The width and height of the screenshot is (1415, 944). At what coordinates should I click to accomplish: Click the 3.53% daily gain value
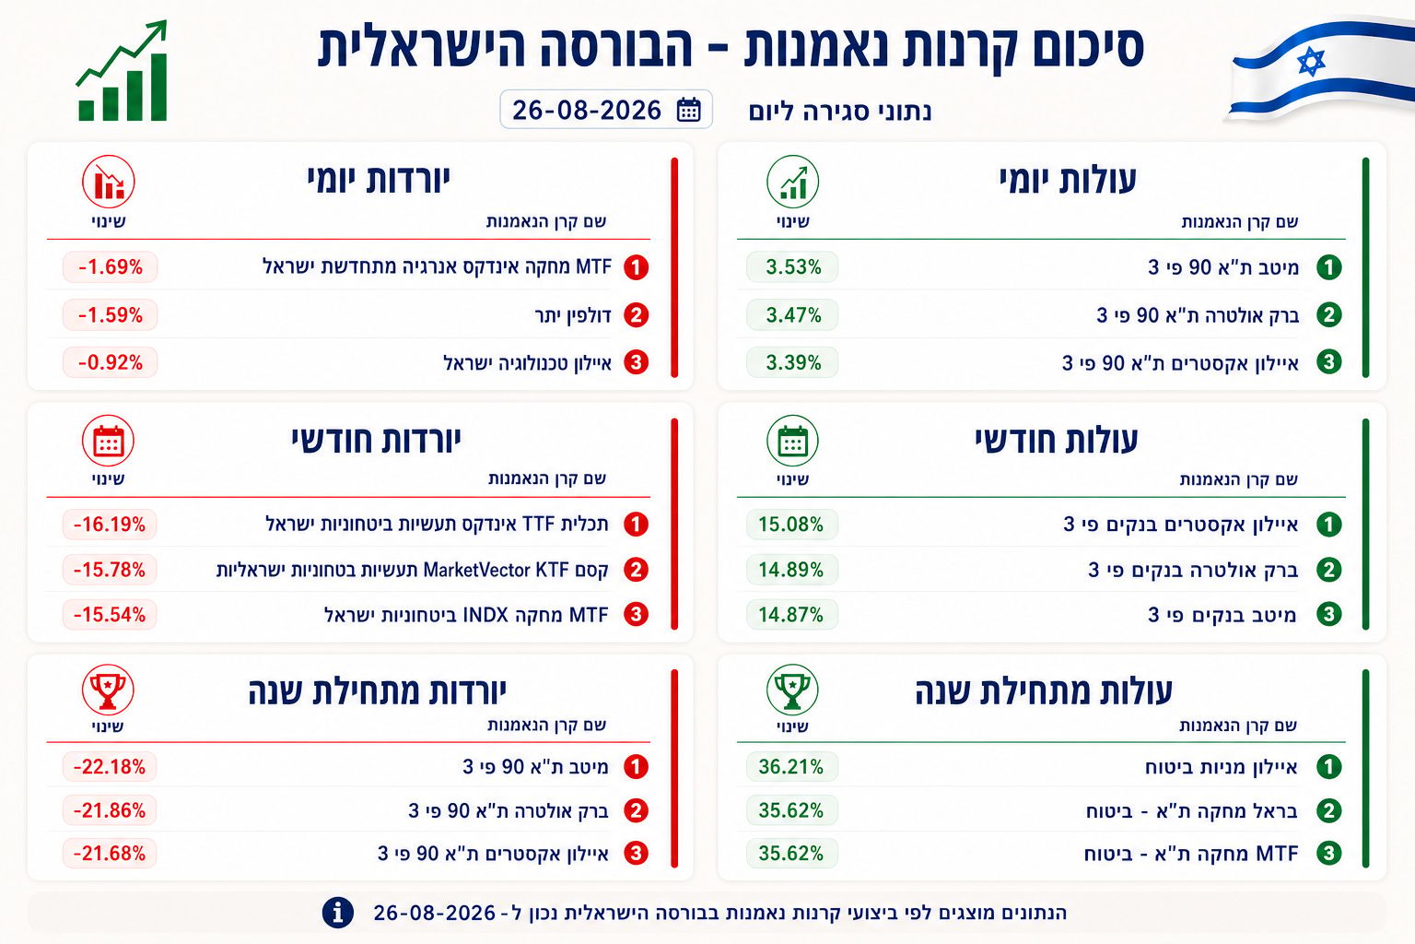pyautogui.click(x=793, y=267)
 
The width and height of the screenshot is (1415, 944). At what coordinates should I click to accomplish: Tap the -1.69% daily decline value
pyautogui.click(x=111, y=267)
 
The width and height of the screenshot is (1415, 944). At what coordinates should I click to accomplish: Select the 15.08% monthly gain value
pyautogui.click(x=791, y=525)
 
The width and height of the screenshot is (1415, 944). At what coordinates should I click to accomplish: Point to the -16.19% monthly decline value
pyautogui.click(x=110, y=525)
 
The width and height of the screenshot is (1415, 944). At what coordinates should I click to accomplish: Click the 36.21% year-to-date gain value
pyautogui.click(x=791, y=767)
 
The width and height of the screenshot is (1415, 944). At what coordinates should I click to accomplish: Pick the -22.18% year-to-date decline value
pyautogui.click(x=110, y=767)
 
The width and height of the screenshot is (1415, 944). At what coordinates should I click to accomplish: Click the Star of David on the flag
pyautogui.click(x=1311, y=62)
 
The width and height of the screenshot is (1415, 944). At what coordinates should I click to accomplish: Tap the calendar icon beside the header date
pyautogui.click(x=688, y=110)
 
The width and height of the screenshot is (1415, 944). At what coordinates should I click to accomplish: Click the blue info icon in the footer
pyautogui.click(x=337, y=913)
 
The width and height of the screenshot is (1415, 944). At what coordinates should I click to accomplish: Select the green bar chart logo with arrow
pyautogui.click(x=122, y=70)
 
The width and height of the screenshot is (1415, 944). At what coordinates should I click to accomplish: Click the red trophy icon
pyautogui.click(x=108, y=690)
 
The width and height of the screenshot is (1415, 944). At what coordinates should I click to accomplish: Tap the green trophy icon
pyautogui.click(x=792, y=690)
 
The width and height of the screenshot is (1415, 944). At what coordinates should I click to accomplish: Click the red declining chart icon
pyautogui.click(x=109, y=183)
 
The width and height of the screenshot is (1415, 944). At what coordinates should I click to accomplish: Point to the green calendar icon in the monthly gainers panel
pyautogui.click(x=792, y=441)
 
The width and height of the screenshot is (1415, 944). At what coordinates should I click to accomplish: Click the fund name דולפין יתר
pyautogui.click(x=573, y=315)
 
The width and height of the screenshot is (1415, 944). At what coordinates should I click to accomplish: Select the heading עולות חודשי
pyautogui.click(x=1057, y=440)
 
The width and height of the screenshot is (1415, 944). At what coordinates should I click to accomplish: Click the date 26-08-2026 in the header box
pyautogui.click(x=586, y=110)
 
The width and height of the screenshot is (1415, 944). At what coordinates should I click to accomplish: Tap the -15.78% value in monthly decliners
pyautogui.click(x=110, y=570)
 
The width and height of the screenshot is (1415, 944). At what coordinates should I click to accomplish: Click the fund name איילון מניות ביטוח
pyautogui.click(x=1221, y=767)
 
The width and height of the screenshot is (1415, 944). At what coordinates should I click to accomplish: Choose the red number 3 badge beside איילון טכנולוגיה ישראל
pyautogui.click(x=637, y=362)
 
